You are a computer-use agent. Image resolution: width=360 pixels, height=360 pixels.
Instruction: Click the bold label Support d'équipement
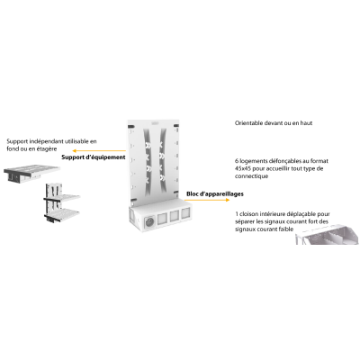pos(94,157)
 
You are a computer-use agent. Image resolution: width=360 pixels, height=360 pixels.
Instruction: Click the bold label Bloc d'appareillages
pos(215,194)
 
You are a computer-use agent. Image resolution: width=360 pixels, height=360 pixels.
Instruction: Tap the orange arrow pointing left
pos(99,150)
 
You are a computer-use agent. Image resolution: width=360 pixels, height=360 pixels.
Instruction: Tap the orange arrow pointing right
pos(207,200)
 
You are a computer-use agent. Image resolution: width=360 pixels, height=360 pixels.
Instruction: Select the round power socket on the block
pos(149,222)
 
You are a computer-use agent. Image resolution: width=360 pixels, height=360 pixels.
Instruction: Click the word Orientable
pos(249,123)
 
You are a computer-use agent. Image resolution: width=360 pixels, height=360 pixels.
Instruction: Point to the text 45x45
pos(243,168)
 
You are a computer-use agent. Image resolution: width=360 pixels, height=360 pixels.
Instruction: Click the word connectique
pos(251,176)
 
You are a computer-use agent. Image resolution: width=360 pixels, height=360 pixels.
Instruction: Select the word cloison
pos(248,214)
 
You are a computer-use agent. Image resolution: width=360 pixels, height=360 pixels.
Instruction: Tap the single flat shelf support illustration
pos(31,174)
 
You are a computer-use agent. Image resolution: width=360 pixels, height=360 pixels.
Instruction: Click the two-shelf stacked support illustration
pos(62,202)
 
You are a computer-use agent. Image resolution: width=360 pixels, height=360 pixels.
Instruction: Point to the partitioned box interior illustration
pos(327,236)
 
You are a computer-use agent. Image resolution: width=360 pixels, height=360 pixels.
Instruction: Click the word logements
pos(255,161)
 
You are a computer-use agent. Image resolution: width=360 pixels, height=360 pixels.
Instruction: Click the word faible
pos(285,229)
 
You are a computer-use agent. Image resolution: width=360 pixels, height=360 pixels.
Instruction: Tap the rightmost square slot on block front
pos(184,213)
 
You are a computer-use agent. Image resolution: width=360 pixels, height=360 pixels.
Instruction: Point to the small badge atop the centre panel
pos(155,122)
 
